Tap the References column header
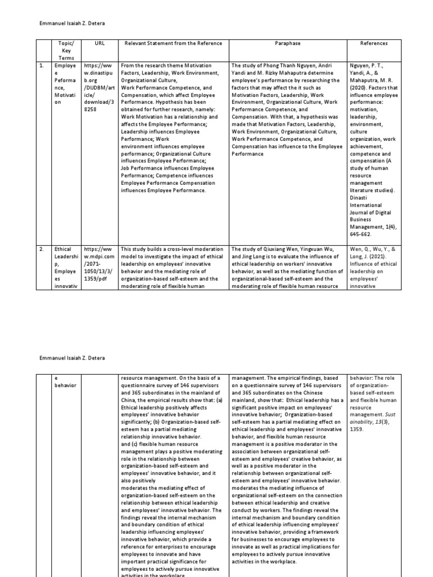tap(374, 43)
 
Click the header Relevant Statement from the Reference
tap(173, 43)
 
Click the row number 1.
tap(41, 65)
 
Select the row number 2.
tap(41, 248)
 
